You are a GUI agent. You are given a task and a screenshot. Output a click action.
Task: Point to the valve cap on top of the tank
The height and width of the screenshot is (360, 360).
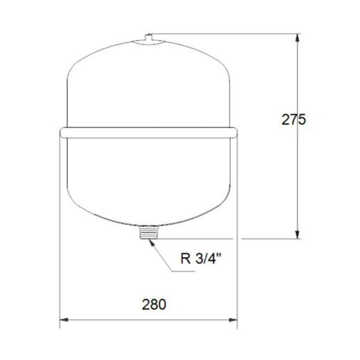point(147,38)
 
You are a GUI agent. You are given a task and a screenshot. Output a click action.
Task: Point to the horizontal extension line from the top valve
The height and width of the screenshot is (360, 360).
point(228,34)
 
